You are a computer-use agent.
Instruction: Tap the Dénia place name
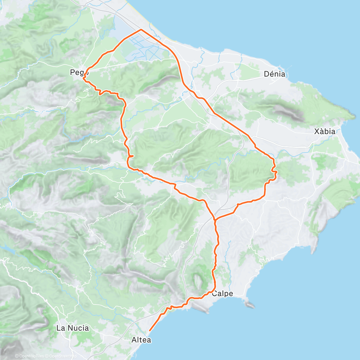pos(274,74)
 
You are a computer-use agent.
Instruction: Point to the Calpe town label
pos(222,294)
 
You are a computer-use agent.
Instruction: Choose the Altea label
pos(141,340)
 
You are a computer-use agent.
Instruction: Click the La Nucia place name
pos(73,328)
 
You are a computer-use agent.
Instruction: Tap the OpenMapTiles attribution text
pos(31,356)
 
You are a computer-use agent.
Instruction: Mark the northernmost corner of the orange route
pos(141,29)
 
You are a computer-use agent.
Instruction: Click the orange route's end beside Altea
pos(150,331)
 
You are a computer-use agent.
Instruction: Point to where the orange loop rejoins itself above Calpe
pos(215,220)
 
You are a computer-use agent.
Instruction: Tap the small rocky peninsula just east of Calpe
pos(250,305)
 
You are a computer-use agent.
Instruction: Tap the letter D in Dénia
pos(266,74)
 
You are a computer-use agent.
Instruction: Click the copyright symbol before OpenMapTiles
pos(17,356)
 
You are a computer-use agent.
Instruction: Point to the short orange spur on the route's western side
pos(131,156)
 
